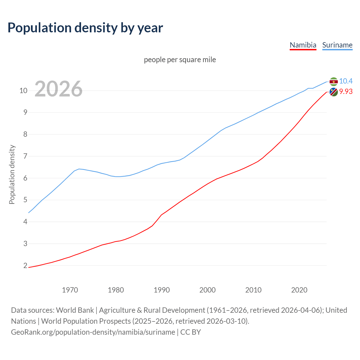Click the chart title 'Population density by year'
tap(85, 28)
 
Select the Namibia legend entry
tap(303, 45)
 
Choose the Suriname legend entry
tap(337, 45)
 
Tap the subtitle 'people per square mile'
tap(180, 60)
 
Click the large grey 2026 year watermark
tap(58, 89)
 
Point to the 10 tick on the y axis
tap(23, 91)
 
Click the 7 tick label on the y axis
tap(25, 156)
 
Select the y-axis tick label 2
tap(25, 265)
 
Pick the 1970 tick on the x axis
tap(70, 290)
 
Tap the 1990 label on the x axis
tap(162, 290)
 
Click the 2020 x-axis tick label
tap(299, 290)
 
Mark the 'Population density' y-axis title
tap(12, 174)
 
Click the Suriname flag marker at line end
tap(334, 82)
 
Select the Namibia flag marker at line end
tap(334, 92)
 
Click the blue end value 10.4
tap(346, 81)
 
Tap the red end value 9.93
tap(346, 91)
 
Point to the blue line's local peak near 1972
tap(79, 169)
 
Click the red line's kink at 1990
tap(161, 215)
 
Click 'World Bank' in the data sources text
tap(75, 310)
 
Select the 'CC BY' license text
tap(190, 332)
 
